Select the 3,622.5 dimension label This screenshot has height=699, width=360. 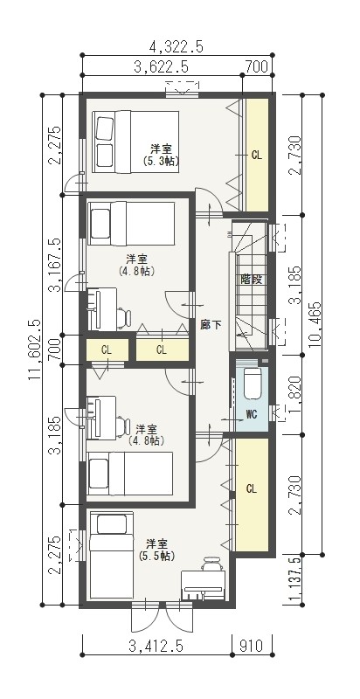point(161,67)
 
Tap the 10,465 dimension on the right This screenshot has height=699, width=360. point(314,324)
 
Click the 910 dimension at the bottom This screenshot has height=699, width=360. point(251,646)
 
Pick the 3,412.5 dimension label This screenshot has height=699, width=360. point(156,646)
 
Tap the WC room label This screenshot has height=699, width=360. point(252,414)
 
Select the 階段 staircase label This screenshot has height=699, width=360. point(251,280)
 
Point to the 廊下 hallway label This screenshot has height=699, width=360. point(211,325)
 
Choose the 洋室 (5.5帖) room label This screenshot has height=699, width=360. point(156,550)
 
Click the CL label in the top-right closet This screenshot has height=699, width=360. point(257,156)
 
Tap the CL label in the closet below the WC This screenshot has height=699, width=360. point(252,489)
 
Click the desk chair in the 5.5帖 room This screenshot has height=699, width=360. point(212,564)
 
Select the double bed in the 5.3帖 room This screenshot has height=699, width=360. point(136,142)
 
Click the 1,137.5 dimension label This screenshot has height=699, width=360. point(294,580)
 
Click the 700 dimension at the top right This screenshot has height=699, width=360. point(257,67)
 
